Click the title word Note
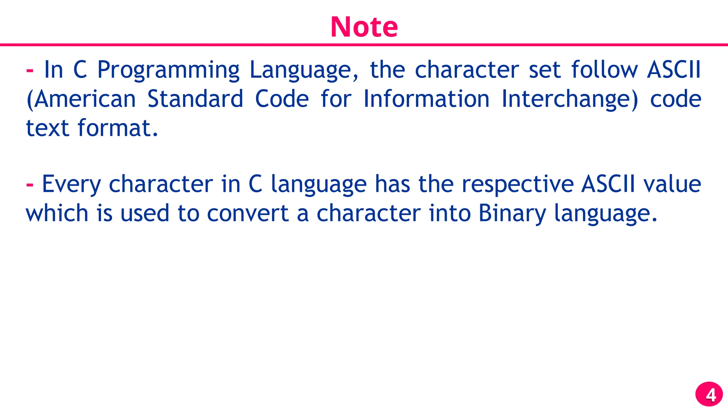point(364,27)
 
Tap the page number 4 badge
point(709,394)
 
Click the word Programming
point(168,70)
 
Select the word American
point(85,99)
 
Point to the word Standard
point(195,99)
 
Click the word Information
point(426,99)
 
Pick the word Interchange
point(569,100)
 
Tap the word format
point(117,128)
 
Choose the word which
point(57,214)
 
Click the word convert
point(248,214)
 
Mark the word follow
point(605,70)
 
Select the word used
point(145,214)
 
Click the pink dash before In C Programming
point(30,70)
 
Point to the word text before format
point(48,128)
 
